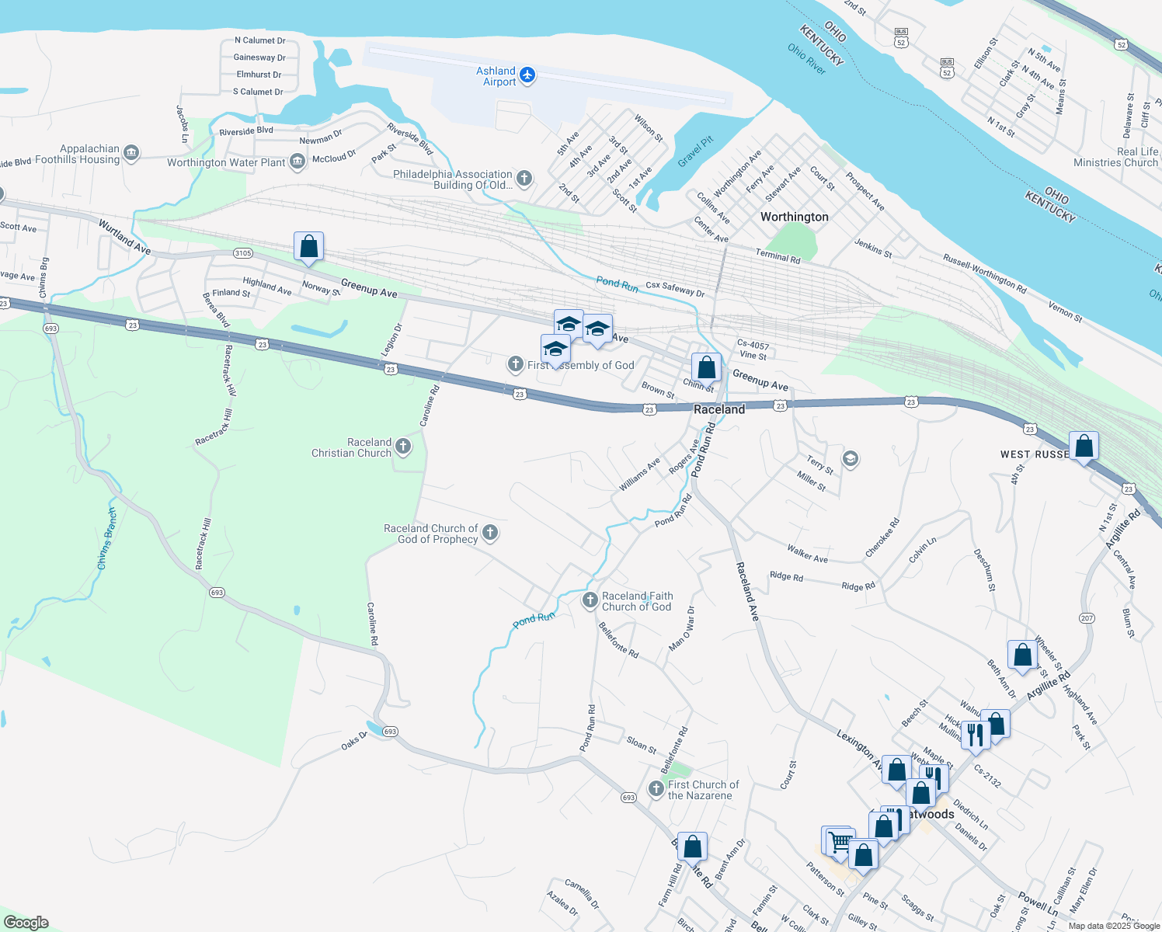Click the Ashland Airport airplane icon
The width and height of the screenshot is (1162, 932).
coord(527,75)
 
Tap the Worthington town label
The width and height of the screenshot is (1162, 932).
coord(794,217)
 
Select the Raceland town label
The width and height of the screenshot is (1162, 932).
coord(718,409)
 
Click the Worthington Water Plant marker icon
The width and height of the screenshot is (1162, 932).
coord(297,162)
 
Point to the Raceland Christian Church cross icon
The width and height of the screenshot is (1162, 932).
coord(402,447)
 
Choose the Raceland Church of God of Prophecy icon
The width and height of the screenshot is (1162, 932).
coord(489,533)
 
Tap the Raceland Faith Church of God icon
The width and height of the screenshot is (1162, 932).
coord(590,600)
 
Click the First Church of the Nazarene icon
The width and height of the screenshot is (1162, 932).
coord(656,789)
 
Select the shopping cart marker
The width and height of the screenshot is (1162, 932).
coord(838,842)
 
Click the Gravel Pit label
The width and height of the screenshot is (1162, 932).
coord(695,151)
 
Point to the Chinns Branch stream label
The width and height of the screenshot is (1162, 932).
coord(107,539)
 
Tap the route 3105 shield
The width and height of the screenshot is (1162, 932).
coord(243,253)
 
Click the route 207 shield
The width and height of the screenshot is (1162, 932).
coord(1087,618)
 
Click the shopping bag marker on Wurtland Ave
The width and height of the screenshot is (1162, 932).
coord(308,246)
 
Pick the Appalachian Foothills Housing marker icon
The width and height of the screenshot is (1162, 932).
coord(131,153)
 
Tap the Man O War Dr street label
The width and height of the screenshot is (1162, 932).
coord(682,628)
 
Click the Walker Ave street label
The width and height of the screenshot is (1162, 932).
coord(807,554)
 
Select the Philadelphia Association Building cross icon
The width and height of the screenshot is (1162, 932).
coord(524,179)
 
